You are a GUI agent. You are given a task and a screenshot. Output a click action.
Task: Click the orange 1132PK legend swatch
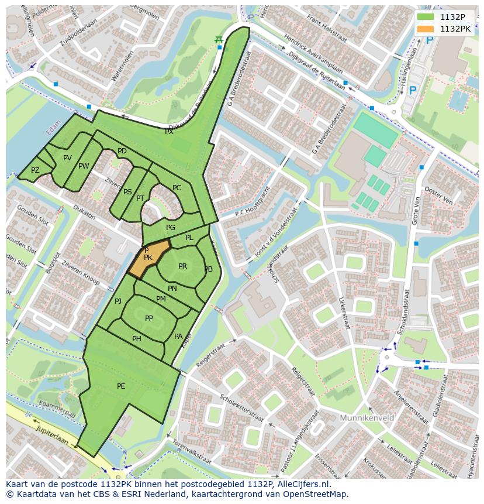click(x=426, y=29)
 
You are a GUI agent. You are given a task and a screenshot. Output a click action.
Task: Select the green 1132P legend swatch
click(x=426, y=17)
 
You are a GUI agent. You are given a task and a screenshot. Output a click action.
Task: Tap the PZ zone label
click(x=35, y=170)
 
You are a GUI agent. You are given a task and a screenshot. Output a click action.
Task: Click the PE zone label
click(x=121, y=386)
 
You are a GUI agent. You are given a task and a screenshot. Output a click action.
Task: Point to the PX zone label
click(x=169, y=132)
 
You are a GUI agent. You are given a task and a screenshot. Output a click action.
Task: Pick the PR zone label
click(x=182, y=266)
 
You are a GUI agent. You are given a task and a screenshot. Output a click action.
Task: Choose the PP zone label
click(x=149, y=318)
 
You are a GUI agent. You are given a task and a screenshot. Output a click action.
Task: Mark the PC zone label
click(x=177, y=188)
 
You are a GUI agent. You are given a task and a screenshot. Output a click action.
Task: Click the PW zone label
click(x=84, y=166)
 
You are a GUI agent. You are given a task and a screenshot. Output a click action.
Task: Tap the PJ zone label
click(x=118, y=301)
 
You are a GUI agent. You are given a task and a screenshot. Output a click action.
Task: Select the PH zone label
click(x=137, y=338)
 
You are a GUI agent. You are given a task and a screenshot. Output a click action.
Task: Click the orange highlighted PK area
click(x=148, y=258)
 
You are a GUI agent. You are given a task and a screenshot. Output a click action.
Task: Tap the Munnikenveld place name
click(x=367, y=418)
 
